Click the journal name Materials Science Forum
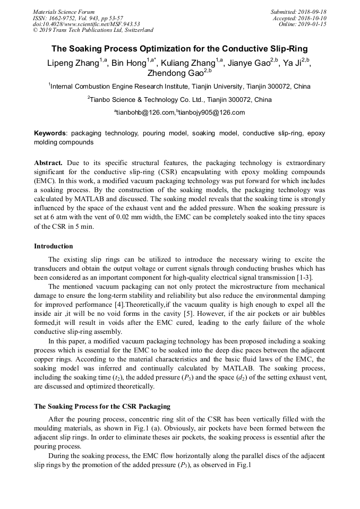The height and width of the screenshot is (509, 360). (64, 12)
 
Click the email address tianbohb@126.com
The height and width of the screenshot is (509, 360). (144, 113)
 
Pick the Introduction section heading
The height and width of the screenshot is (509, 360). (54, 246)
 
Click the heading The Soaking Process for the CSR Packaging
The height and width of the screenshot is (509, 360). (102, 407)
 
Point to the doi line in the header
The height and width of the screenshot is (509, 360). (87, 24)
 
